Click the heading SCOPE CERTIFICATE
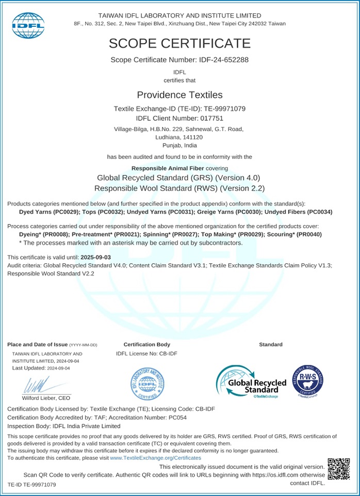[x=179, y=43]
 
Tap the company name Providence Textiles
[x=179, y=95]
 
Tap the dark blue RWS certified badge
[x=307, y=382]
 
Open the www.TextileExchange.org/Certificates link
[x=155, y=458]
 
